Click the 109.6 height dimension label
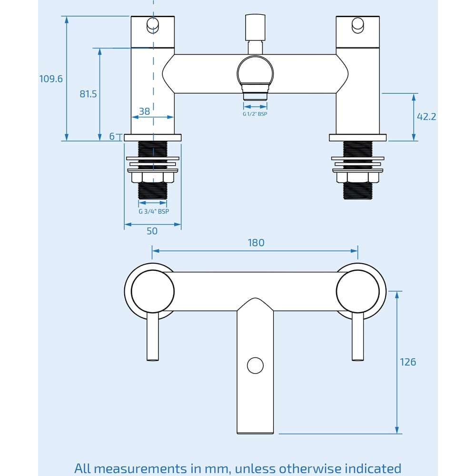(51, 79)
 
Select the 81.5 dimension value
(88, 94)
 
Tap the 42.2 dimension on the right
(426, 117)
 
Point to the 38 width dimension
(144, 111)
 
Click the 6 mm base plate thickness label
(112, 137)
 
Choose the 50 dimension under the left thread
(152, 231)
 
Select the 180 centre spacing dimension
(256, 243)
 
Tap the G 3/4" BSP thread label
(153, 211)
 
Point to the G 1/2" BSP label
(255, 114)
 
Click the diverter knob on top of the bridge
(255, 29)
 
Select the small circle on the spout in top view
(255, 366)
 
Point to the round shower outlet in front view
(255, 71)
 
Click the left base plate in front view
(153, 138)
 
